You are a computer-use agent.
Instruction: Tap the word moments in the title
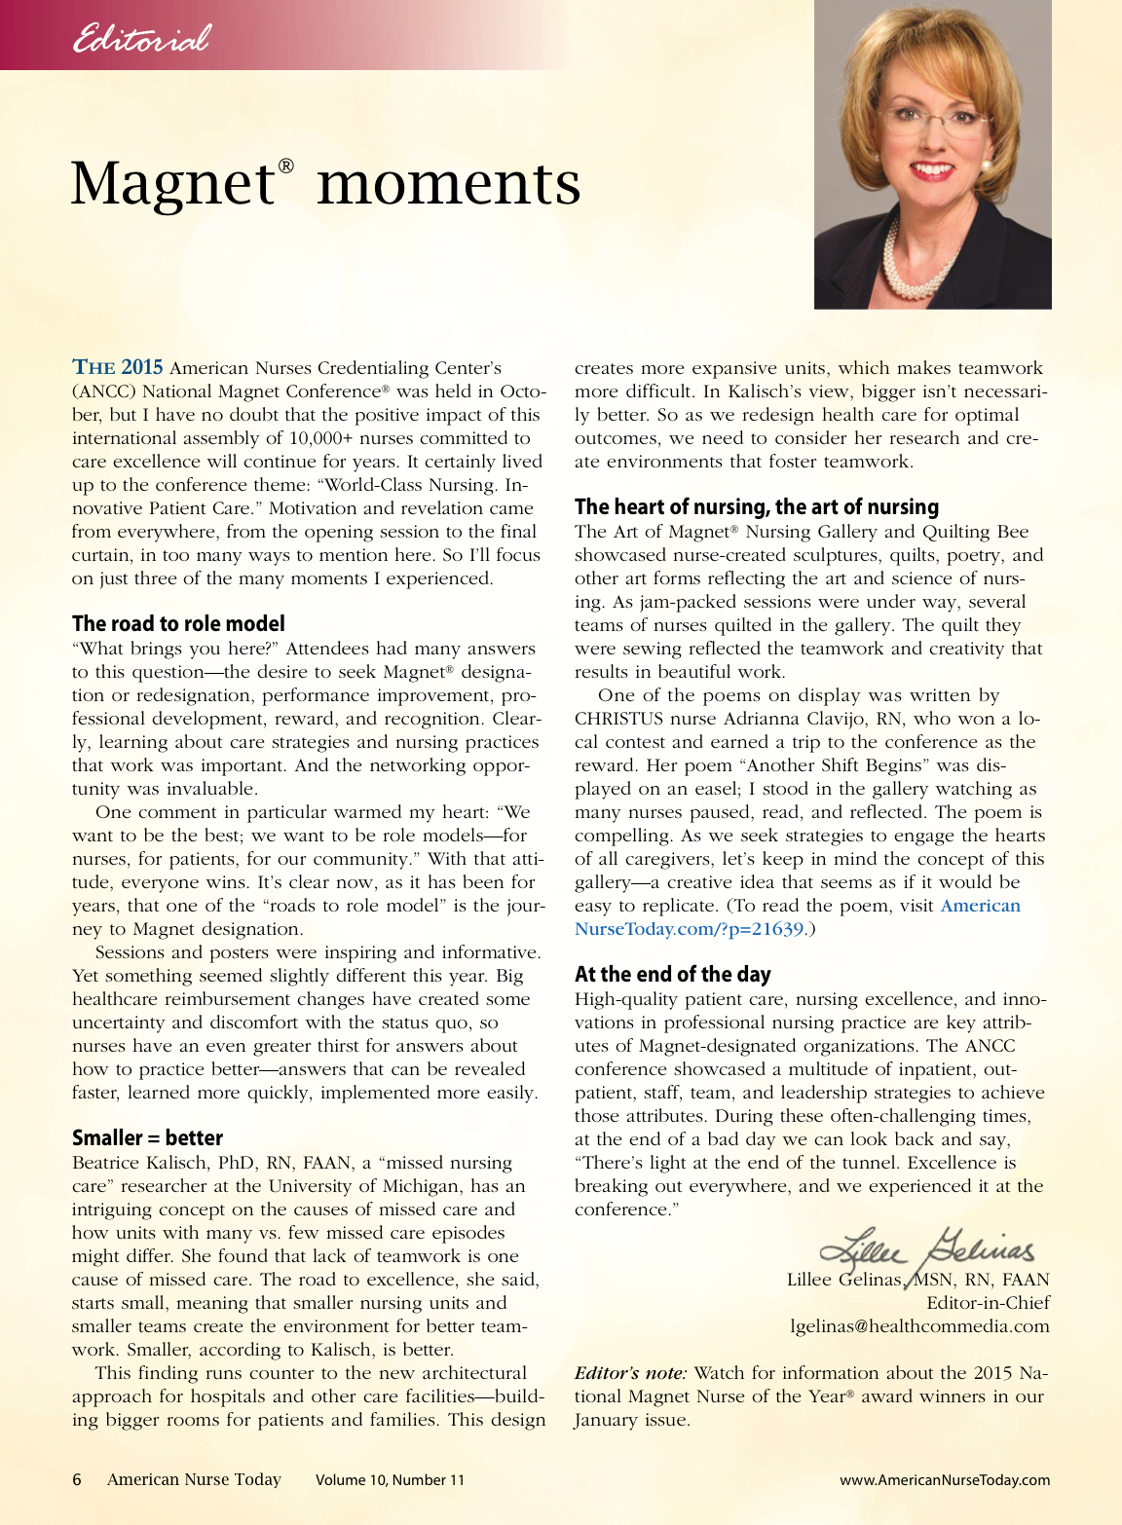[448, 183]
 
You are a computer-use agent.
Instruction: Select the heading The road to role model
[178, 623]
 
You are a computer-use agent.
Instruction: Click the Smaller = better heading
[147, 1137]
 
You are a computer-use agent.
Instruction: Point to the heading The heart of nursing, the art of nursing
[756, 506]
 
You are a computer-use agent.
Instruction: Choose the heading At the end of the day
[672, 974]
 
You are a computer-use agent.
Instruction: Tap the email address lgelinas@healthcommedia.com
[919, 1325]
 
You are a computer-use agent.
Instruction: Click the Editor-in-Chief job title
[988, 1302]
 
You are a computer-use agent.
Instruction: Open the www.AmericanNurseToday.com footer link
[944, 1479]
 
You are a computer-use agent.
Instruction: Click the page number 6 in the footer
[77, 1479]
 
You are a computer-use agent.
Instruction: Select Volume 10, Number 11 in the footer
[390, 1479]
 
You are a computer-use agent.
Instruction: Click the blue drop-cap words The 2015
[118, 367]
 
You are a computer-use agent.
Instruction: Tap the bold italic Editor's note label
[630, 1373]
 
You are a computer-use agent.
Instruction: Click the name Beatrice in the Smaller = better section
[109, 1163]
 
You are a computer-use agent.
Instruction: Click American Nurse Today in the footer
[194, 1479]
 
